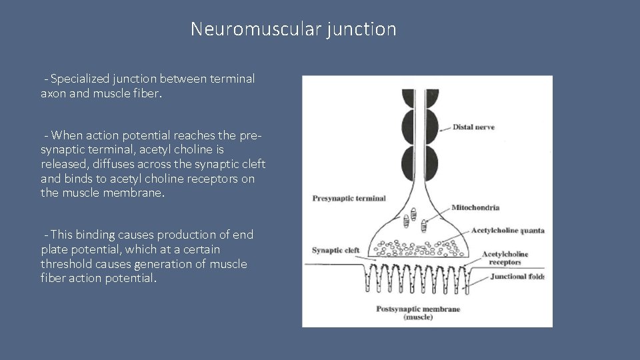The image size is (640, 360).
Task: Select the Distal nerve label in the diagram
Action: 473,127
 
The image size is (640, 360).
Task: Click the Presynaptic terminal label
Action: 349,198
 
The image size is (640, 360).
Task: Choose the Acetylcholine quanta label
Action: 507,231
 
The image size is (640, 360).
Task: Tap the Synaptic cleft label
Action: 335,251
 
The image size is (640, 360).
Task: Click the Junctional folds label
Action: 517,277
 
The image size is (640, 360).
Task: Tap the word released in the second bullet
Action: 64,164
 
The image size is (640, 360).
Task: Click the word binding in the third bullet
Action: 96,235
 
